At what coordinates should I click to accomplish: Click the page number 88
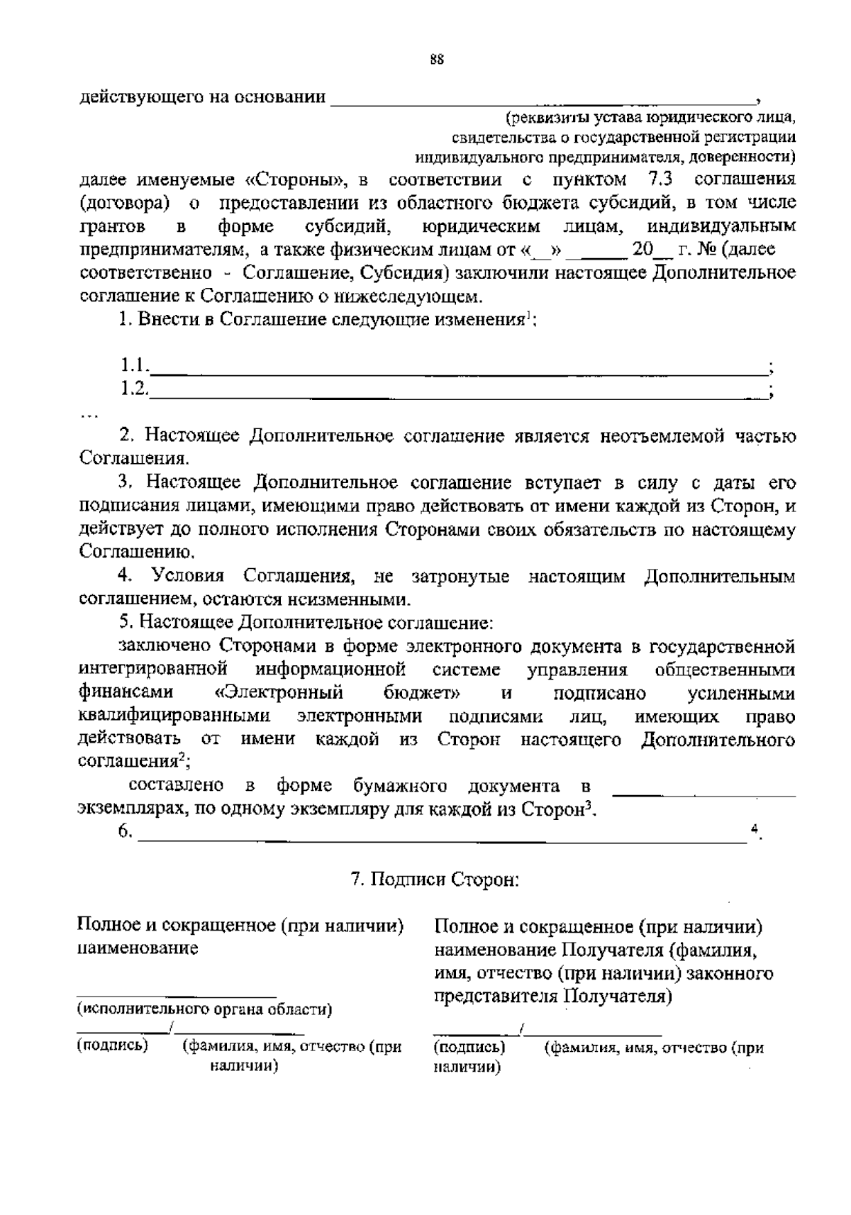click(437, 60)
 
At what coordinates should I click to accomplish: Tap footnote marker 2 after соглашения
click(182, 758)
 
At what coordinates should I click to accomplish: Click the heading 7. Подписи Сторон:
click(435, 880)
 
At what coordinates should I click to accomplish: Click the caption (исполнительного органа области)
click(204, 1009)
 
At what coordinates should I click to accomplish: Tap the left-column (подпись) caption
click(113, 1045)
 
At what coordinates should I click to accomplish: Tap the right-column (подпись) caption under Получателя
click(469, 1047)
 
